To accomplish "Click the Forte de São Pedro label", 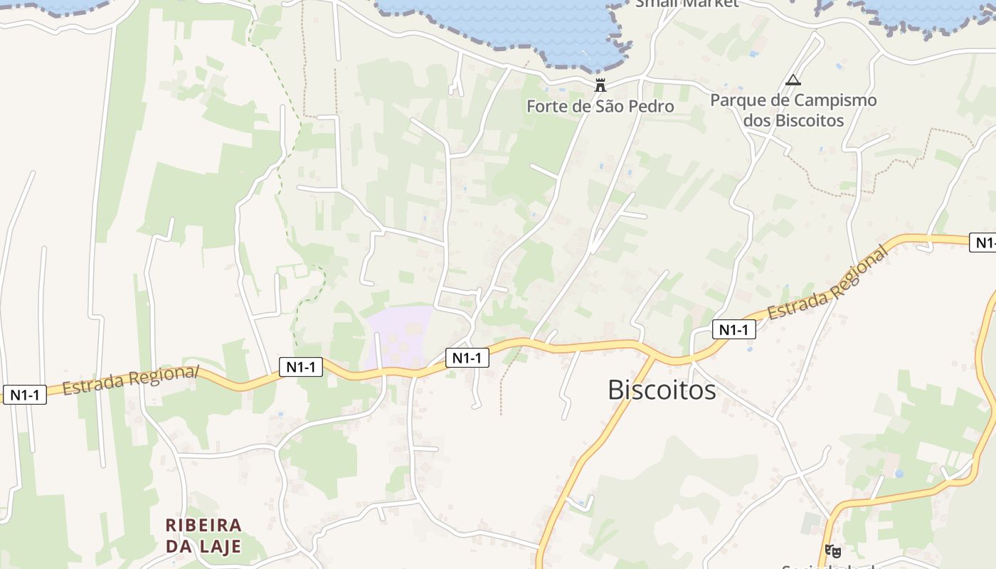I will pyautogui.click(x=600, y=107).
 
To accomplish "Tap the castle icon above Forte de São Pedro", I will pyautogui.click(x=600, y=85).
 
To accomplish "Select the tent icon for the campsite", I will pyautogui.click(x=793, y=80).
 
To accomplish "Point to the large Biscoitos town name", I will pyautogui.click(x=662, y=390).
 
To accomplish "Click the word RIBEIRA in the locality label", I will pyautogui.click(x=203, y=525).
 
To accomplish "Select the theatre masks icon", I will pyautogui.click(x=832, y=550).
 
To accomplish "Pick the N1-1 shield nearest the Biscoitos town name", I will pyautogui.click(x=733, y=329).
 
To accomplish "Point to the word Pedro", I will pyautogui.click(x=650, y=107).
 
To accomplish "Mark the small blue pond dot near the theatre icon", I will pyautogui.click(x=899, y=473).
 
